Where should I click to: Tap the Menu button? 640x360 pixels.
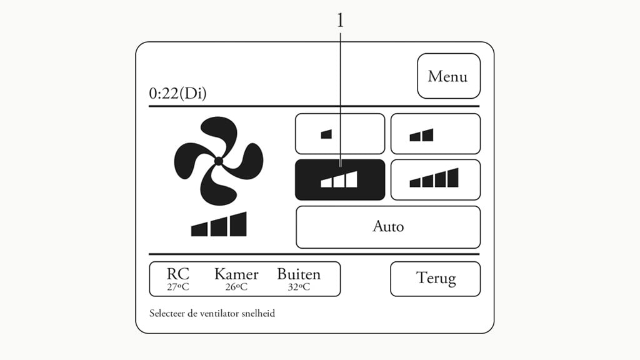pos(448,76)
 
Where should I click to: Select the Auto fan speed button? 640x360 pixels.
pos(387,227)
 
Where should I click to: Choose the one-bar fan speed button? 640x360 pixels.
pos(339,134)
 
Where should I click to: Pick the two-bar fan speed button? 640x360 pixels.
pos(435,134)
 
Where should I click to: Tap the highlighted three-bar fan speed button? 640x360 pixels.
pos(339,180)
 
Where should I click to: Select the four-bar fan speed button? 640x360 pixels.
pos(435,180)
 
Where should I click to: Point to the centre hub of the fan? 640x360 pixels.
pos(218,161)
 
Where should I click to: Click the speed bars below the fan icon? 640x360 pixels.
pos(219,225)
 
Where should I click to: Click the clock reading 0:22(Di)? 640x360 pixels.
pos(177,94)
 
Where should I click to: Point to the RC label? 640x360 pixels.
pos(177,274)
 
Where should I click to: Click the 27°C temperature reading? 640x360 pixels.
pos(177,287)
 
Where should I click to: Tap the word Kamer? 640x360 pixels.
pos(236,274)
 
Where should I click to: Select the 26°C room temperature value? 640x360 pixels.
pos(236,287)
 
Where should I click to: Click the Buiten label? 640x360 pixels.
pos(299,274)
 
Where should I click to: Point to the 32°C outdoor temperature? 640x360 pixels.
pos(299,287)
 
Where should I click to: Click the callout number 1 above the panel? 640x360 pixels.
pos(340,21)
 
